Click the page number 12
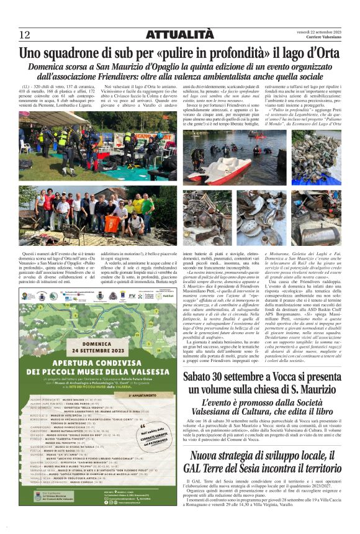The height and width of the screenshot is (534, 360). (x=24, y=35)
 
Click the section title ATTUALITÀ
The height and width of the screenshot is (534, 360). (x=180, y=35)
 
